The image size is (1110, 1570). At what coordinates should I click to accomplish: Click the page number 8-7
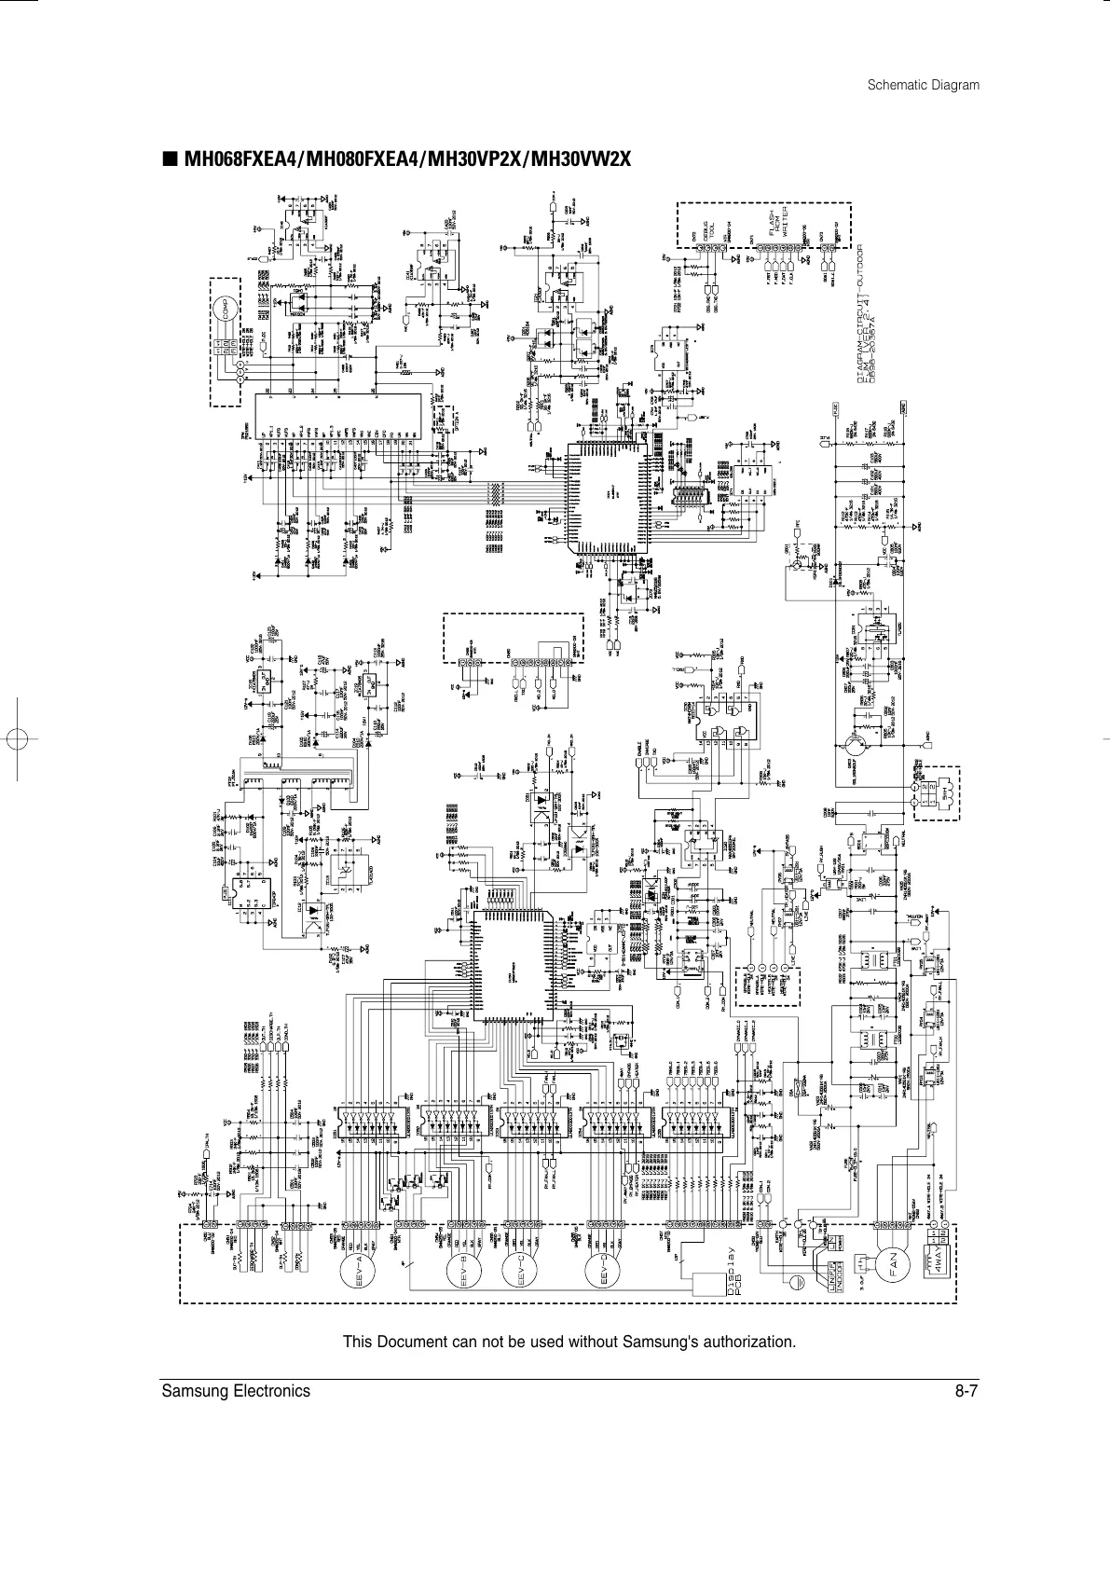pos(966,1391)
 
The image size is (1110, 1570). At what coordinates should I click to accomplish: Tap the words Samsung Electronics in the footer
pos(235,1391)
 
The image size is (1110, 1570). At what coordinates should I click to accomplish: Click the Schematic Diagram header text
pos(923,85)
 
